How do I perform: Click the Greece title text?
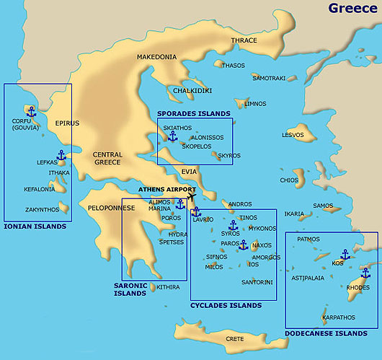pos(352,8)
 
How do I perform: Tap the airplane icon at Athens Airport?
pos(191,196)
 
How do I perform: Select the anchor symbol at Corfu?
pos(31,111)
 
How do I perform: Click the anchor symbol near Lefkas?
pos(61,155)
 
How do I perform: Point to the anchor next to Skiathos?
pos(172,136)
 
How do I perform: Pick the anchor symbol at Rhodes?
pos(365,273)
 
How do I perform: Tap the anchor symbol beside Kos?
pos(345,254)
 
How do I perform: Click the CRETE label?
pos(234,338)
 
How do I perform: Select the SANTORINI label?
pos(257,281)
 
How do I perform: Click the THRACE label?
pos(244,40)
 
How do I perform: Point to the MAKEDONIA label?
pos(156,56)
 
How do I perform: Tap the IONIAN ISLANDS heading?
pos(35,227)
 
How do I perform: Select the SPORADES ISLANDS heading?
pos(194,113)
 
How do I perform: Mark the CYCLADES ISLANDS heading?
pos(226,305)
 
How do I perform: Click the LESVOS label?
pos(293,135)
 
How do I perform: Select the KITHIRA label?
pos(168,287)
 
